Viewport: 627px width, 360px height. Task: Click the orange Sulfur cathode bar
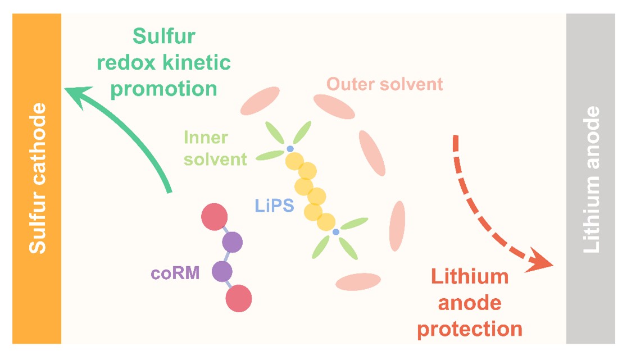[37, 179]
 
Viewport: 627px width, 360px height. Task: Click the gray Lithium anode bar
[590, 179]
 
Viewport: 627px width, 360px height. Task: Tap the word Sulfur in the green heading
[164, 37]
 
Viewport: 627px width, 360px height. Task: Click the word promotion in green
[164, 88]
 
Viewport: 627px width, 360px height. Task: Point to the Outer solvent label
[385, 84]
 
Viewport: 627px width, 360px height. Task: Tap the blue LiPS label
[275, 206]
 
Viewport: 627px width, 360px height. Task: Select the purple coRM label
[175, 274]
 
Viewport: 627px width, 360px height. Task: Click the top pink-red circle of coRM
[214, 217]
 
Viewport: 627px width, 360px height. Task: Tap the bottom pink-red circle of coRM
[238, 298]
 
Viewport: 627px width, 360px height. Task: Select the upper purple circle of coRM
[231, 243]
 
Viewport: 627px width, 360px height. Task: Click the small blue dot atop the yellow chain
[290, 149]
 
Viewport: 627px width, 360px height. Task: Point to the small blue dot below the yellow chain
[336, 231]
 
